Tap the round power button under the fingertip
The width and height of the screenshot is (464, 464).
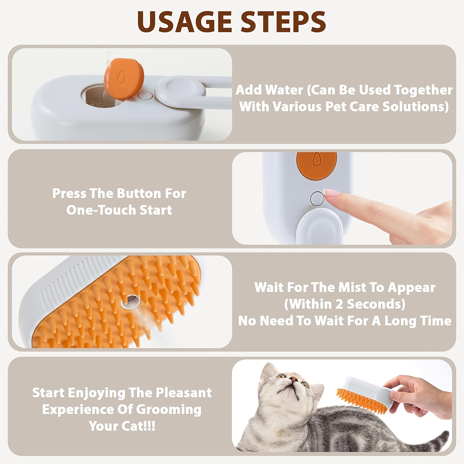[317, 198]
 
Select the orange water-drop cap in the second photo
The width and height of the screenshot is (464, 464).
[316, 165]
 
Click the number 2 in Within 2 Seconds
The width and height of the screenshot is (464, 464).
[339, 304]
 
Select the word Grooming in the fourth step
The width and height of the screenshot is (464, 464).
[169, 410]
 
